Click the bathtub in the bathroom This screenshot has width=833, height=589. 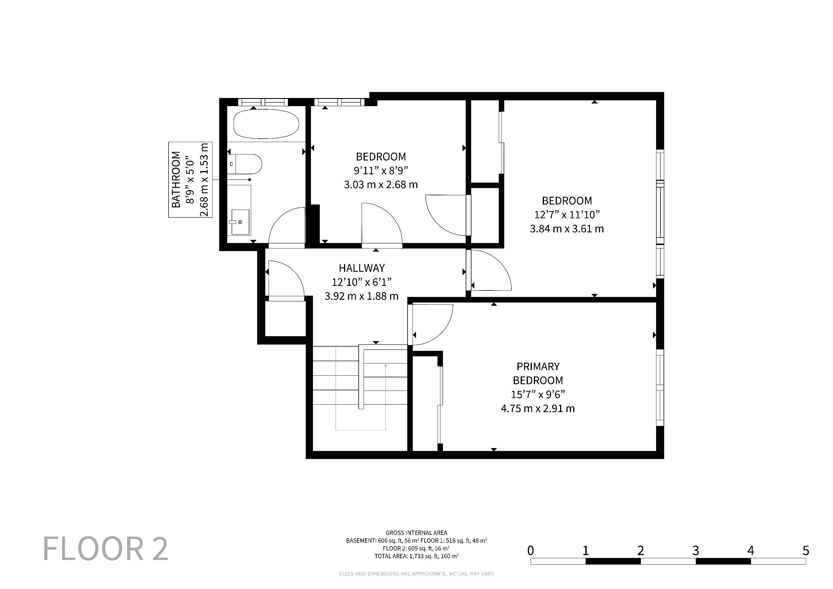pyautogui.click(x=266, y=124)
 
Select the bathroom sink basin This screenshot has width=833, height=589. pyautogui.click(x=239, y=222)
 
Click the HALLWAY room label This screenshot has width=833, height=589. pyautogui.click(x=362, y=268)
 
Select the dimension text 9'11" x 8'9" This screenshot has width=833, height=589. pyautogui.click(x=381, y=171)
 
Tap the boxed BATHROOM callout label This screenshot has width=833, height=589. pyautogui.click(x=190, y=179)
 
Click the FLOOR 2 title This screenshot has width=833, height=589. pyautogui.click(x=106, y=549)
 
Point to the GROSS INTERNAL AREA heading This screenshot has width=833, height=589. pyautogui.click(x=416, y=533)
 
